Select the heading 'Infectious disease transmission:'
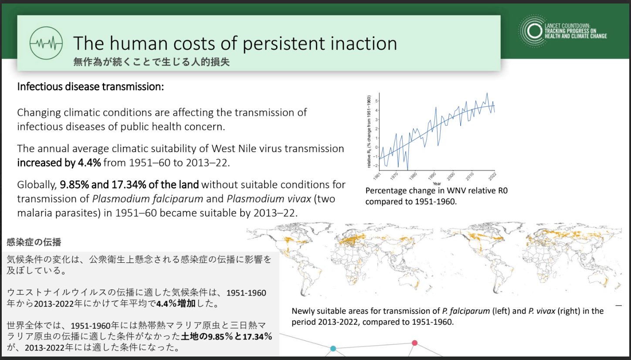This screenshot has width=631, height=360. [x=90, y=86]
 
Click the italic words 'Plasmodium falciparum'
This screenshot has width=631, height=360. [x=148, y=199]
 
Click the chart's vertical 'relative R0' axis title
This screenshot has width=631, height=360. [x=369, y=131]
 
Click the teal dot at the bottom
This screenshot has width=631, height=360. [x=333, y=348]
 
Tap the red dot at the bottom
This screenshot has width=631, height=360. [x=414, y=343]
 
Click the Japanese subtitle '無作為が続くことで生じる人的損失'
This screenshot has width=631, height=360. [x=152, y=62]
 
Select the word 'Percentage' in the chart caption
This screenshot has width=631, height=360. [x=384, y=191]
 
